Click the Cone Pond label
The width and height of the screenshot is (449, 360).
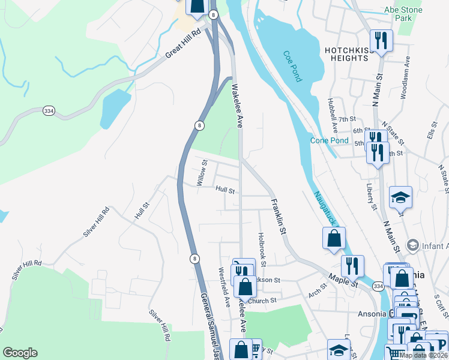coord(329,140)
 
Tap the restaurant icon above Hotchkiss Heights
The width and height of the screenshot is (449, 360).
coord(381,40)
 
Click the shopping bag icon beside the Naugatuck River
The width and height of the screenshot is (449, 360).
coord(334,238)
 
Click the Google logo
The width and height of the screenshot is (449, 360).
coord(20,353)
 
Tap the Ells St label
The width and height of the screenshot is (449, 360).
coord(430,132)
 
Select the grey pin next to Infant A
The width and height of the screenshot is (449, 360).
coord(412,245)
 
